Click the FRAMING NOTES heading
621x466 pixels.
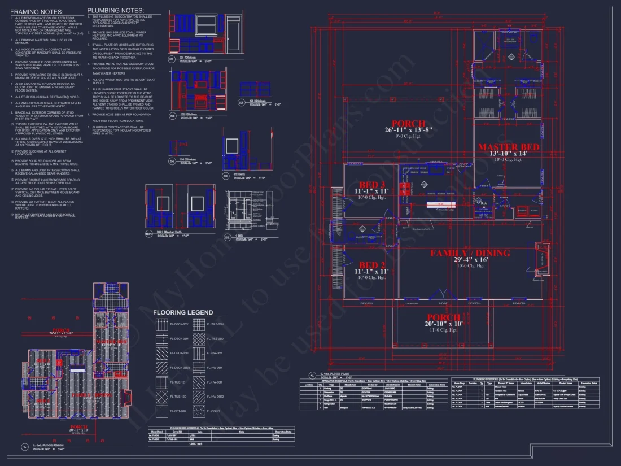[x=37, y=11]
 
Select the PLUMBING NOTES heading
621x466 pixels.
[x=115, y=11]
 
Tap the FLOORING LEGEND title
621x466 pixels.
[x=183, y=312]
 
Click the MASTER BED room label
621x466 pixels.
[x=509, y=147]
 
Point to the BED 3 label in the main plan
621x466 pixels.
[x=372, y=185]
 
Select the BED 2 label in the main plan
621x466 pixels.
[x=372, y=265]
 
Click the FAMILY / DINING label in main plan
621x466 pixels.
[x=462, y=252]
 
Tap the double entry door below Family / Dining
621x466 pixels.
[x=434, y=294]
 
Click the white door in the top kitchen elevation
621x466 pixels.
[x=234, y=38]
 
